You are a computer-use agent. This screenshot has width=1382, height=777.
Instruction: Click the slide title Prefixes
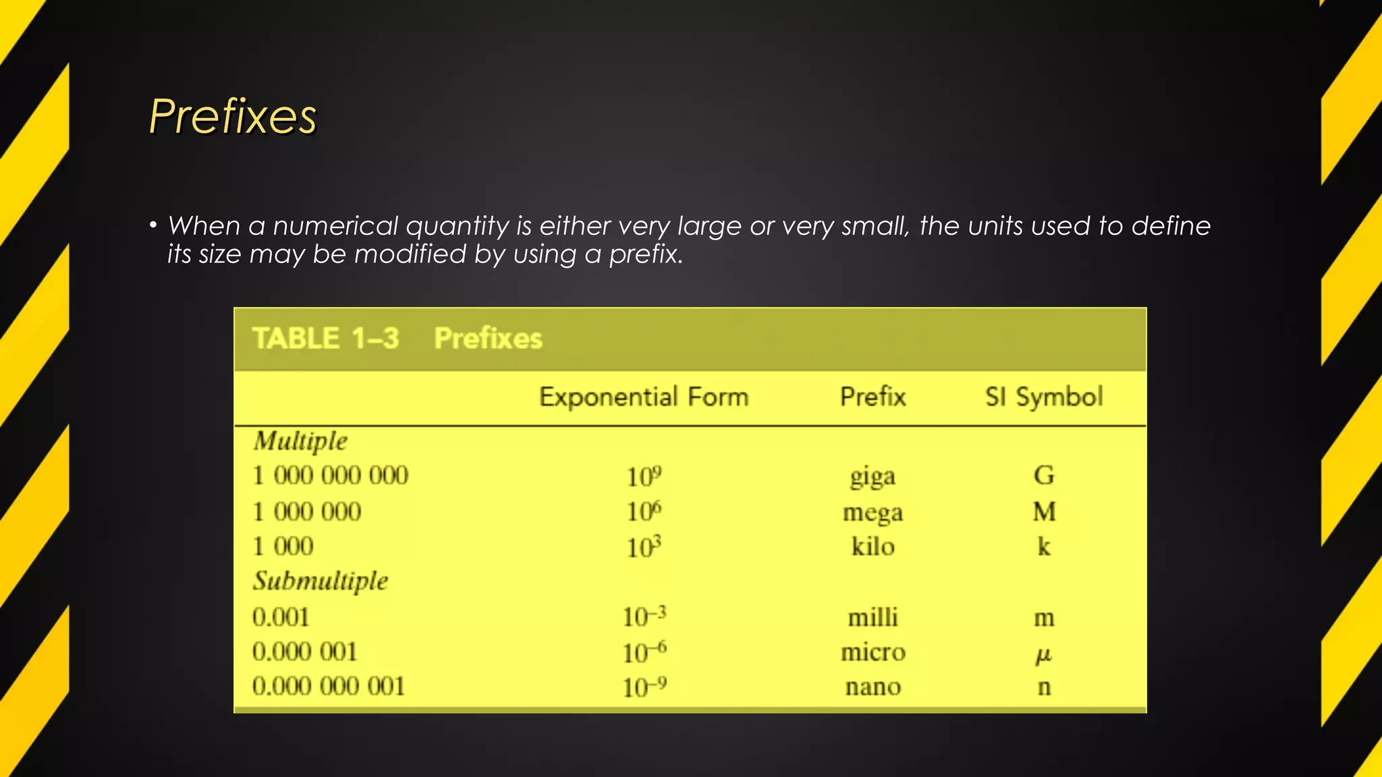(x=233, y=116)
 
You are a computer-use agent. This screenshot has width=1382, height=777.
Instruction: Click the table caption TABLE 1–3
(x=325, y=339)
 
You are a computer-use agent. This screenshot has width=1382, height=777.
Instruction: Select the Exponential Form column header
(x=644, y=397)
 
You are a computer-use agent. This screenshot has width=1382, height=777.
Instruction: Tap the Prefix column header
(x=873, y=397)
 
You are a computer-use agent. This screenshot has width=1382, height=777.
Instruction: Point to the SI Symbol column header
(x=1043, y=397)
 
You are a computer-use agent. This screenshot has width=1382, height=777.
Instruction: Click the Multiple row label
(x=300, y=441)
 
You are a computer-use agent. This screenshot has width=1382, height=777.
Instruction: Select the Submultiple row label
(x=321, y=581)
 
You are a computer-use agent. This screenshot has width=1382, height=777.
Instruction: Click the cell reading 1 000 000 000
(x=330, y=476)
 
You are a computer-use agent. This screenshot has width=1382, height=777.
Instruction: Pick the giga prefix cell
(x=873, y=477)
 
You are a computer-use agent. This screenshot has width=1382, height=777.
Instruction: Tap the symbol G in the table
(x=1044, y=476)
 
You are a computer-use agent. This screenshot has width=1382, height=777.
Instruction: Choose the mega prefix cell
(x=873, y=513)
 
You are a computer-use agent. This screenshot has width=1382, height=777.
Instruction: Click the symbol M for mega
(x=1044, y=512)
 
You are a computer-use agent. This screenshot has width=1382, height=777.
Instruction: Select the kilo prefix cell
(x=873, y=546)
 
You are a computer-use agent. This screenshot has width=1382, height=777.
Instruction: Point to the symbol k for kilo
(x=1044, y=546)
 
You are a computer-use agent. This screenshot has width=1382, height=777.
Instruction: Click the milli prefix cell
(x=873, y=617)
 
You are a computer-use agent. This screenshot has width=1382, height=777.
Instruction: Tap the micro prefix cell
(x=873, y=652)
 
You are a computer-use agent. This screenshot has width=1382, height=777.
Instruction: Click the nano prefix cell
(x=873, y=687)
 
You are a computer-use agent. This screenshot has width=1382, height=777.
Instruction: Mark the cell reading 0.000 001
(x=304, y=652)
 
